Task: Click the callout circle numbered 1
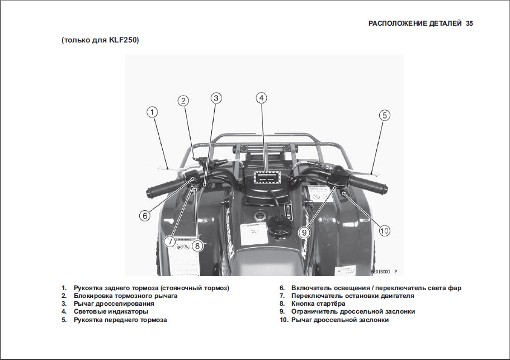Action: coord(152,112)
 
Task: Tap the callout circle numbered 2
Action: coord(183,101)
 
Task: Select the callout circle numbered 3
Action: coord(216,97)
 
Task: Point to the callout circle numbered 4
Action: coord(261,97)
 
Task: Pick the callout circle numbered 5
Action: coord(384,115)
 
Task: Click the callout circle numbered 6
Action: coord(144,215)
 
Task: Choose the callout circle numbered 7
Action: coord(170,241)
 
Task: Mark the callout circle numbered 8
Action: coord(197,244)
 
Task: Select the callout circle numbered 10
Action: coord(384,230)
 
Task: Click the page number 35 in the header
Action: coord(469,23)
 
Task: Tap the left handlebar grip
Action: coord(162,188)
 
